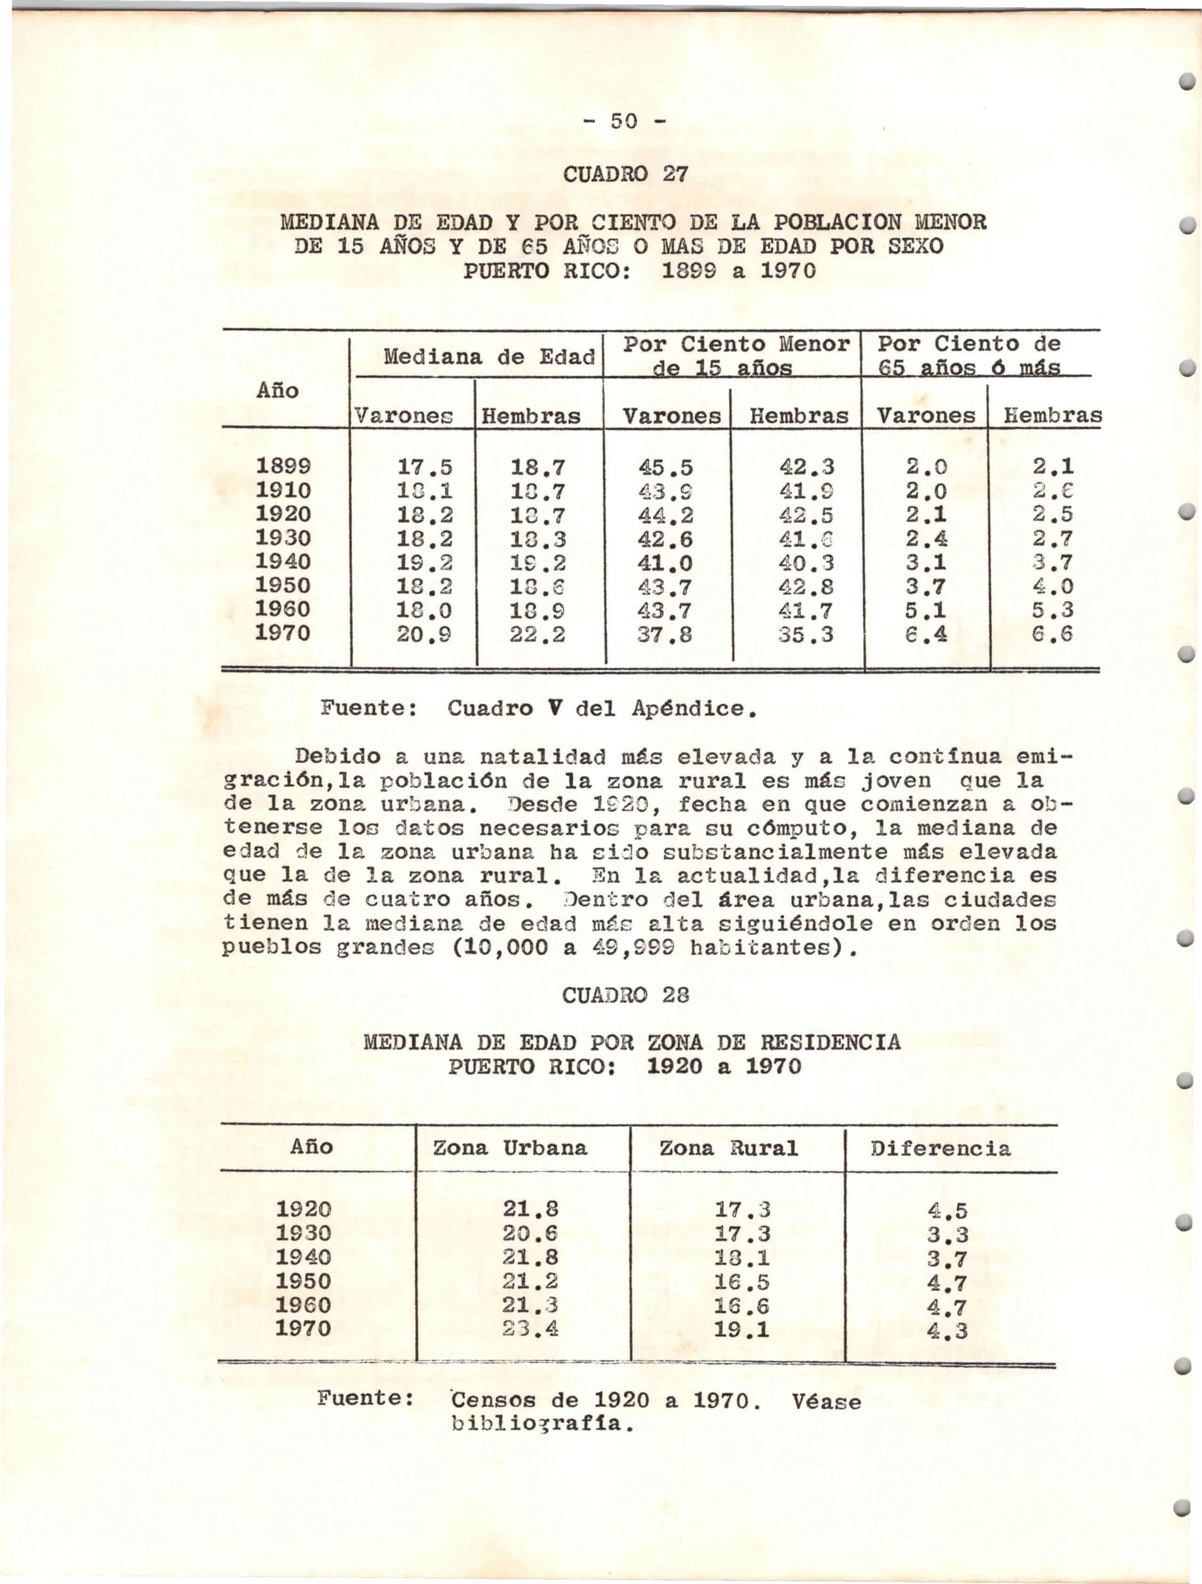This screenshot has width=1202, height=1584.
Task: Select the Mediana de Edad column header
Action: [x=489, y=356]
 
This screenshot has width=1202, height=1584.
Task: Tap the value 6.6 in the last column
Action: [x=1054, y=635]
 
